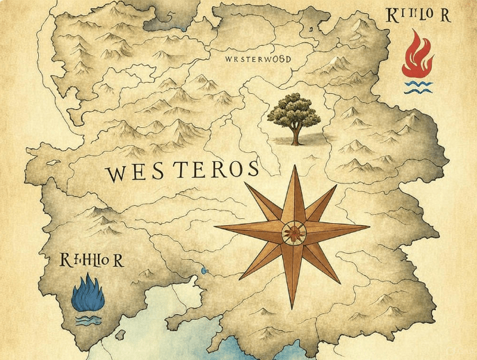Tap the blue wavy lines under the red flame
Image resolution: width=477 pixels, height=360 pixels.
tap(416, 86)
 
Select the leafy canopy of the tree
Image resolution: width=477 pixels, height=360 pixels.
tap(295, 109)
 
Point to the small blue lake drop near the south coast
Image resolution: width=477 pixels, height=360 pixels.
tap(204, 270)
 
